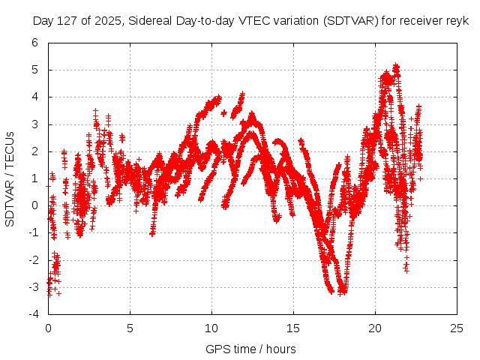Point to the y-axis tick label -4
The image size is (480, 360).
(33, 314)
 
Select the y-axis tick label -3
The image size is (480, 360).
(33, 287)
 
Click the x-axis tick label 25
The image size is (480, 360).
(456, 328)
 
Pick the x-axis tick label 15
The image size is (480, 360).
(292, 328)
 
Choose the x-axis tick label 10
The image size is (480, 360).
(211, 328)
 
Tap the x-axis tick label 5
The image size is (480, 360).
(130, 328)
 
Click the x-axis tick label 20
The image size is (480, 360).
(374, 328)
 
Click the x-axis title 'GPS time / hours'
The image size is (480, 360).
(251, 349)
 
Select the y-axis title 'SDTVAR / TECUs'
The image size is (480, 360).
(10, 178)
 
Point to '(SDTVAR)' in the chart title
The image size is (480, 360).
(347, 22)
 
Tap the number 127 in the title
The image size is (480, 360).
(68, 22)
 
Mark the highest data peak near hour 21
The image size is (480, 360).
(396, 66)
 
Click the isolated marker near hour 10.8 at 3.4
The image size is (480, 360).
(224, 113)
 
